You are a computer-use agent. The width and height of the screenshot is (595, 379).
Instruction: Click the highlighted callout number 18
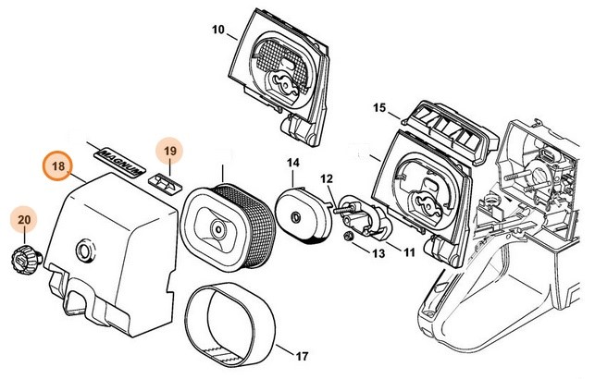pyautogui.click(x=58, y=167)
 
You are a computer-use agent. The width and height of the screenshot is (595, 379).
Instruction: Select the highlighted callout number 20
pyautogui.click(x=24, y=219)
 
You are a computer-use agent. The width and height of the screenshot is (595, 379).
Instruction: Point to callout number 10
pyautogui.click(x=218, y=31)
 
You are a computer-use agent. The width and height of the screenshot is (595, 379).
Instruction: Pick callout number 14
pyautogui.click(x=292, y=165)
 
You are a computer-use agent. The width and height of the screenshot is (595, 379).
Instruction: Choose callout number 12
pyautogui.click(x=327, y=178)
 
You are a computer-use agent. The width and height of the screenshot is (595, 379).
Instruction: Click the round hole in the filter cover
pyautogui.click(x=88, y=250)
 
